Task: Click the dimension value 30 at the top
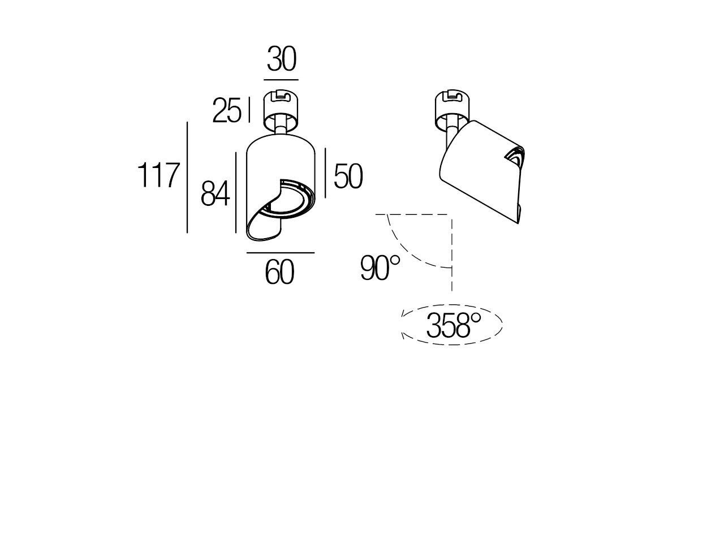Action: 281,59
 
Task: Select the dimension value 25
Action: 226,110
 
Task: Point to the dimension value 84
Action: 215,194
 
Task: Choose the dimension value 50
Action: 347,176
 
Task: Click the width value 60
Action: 280,273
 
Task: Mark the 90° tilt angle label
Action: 380,268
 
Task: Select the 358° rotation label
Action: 453,326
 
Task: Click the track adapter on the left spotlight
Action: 281,109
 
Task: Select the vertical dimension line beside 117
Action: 187,176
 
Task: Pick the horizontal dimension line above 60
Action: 280,252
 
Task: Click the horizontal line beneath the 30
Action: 281,80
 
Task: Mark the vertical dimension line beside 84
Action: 236,192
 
